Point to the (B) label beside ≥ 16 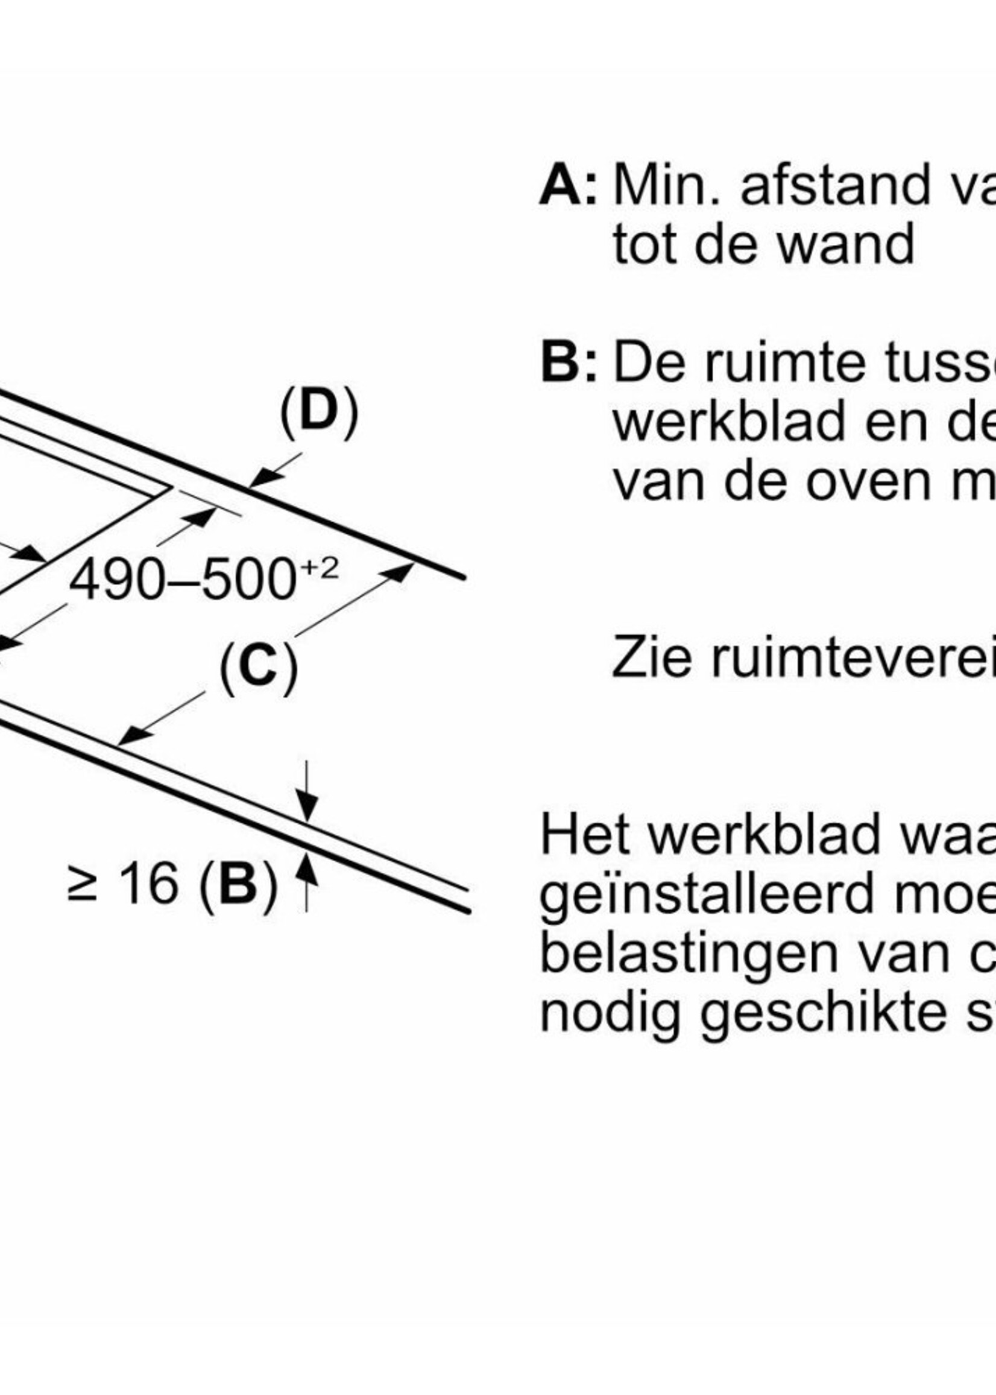tap(239, 885)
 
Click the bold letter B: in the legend tap(567, 363)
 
